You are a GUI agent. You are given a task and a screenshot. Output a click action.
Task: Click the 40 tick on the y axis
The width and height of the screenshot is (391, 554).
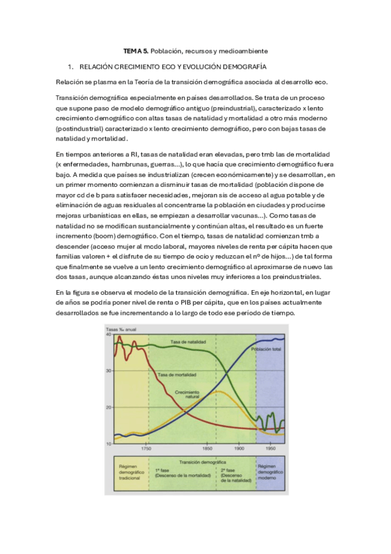pos(109,334)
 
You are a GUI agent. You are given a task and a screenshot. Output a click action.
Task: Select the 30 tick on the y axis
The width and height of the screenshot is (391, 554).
pos(109,370)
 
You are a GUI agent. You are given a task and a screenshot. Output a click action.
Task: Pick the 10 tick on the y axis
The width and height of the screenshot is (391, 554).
pos(109,444)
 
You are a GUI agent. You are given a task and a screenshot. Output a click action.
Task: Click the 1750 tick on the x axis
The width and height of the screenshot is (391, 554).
pos(146,449)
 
